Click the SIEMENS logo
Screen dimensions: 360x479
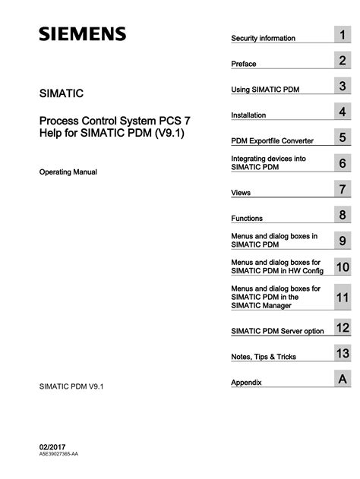[83, 35]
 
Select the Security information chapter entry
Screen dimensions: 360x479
[263, 38]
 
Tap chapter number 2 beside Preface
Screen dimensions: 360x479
[343, 61]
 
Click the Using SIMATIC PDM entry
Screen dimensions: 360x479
[265, 90]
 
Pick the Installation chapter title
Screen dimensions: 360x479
[248, 115]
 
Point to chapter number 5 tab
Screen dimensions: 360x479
[343, 138]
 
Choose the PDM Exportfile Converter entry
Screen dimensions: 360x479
[272, 140]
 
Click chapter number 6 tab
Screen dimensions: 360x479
[343, 163]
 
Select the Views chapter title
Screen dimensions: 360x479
[241, 193]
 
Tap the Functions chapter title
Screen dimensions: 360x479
[247, 219]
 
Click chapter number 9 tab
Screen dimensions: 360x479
[343, 241]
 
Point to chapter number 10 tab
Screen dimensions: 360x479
[343, 267]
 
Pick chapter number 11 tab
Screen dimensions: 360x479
[343, 298]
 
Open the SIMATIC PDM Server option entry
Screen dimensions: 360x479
[277, 331]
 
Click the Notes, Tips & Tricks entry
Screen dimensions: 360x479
[264, 357]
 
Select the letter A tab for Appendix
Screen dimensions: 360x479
[343, 379]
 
